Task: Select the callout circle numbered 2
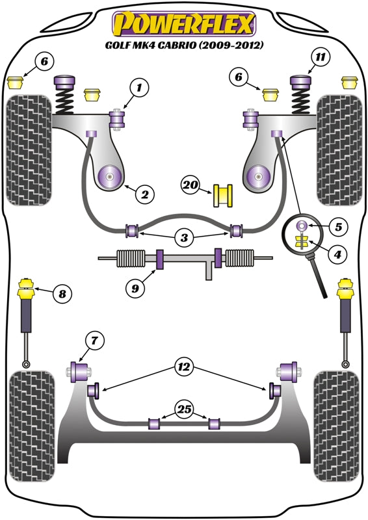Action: [x=144, y=193]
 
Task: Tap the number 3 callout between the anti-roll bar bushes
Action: [x=184, y=239]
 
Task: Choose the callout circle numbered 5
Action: [x=339, y=227]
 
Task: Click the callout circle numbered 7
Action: [x=94, y=339]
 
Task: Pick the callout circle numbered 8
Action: [x=62, y=294]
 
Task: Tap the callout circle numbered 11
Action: [x=319, y=57]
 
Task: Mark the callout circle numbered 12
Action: [x=184, y=368]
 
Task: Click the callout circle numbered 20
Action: [x=190, y=186]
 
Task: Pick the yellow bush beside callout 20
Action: [x=223, y=194]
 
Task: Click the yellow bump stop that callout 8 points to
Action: [x=28, y=287]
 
